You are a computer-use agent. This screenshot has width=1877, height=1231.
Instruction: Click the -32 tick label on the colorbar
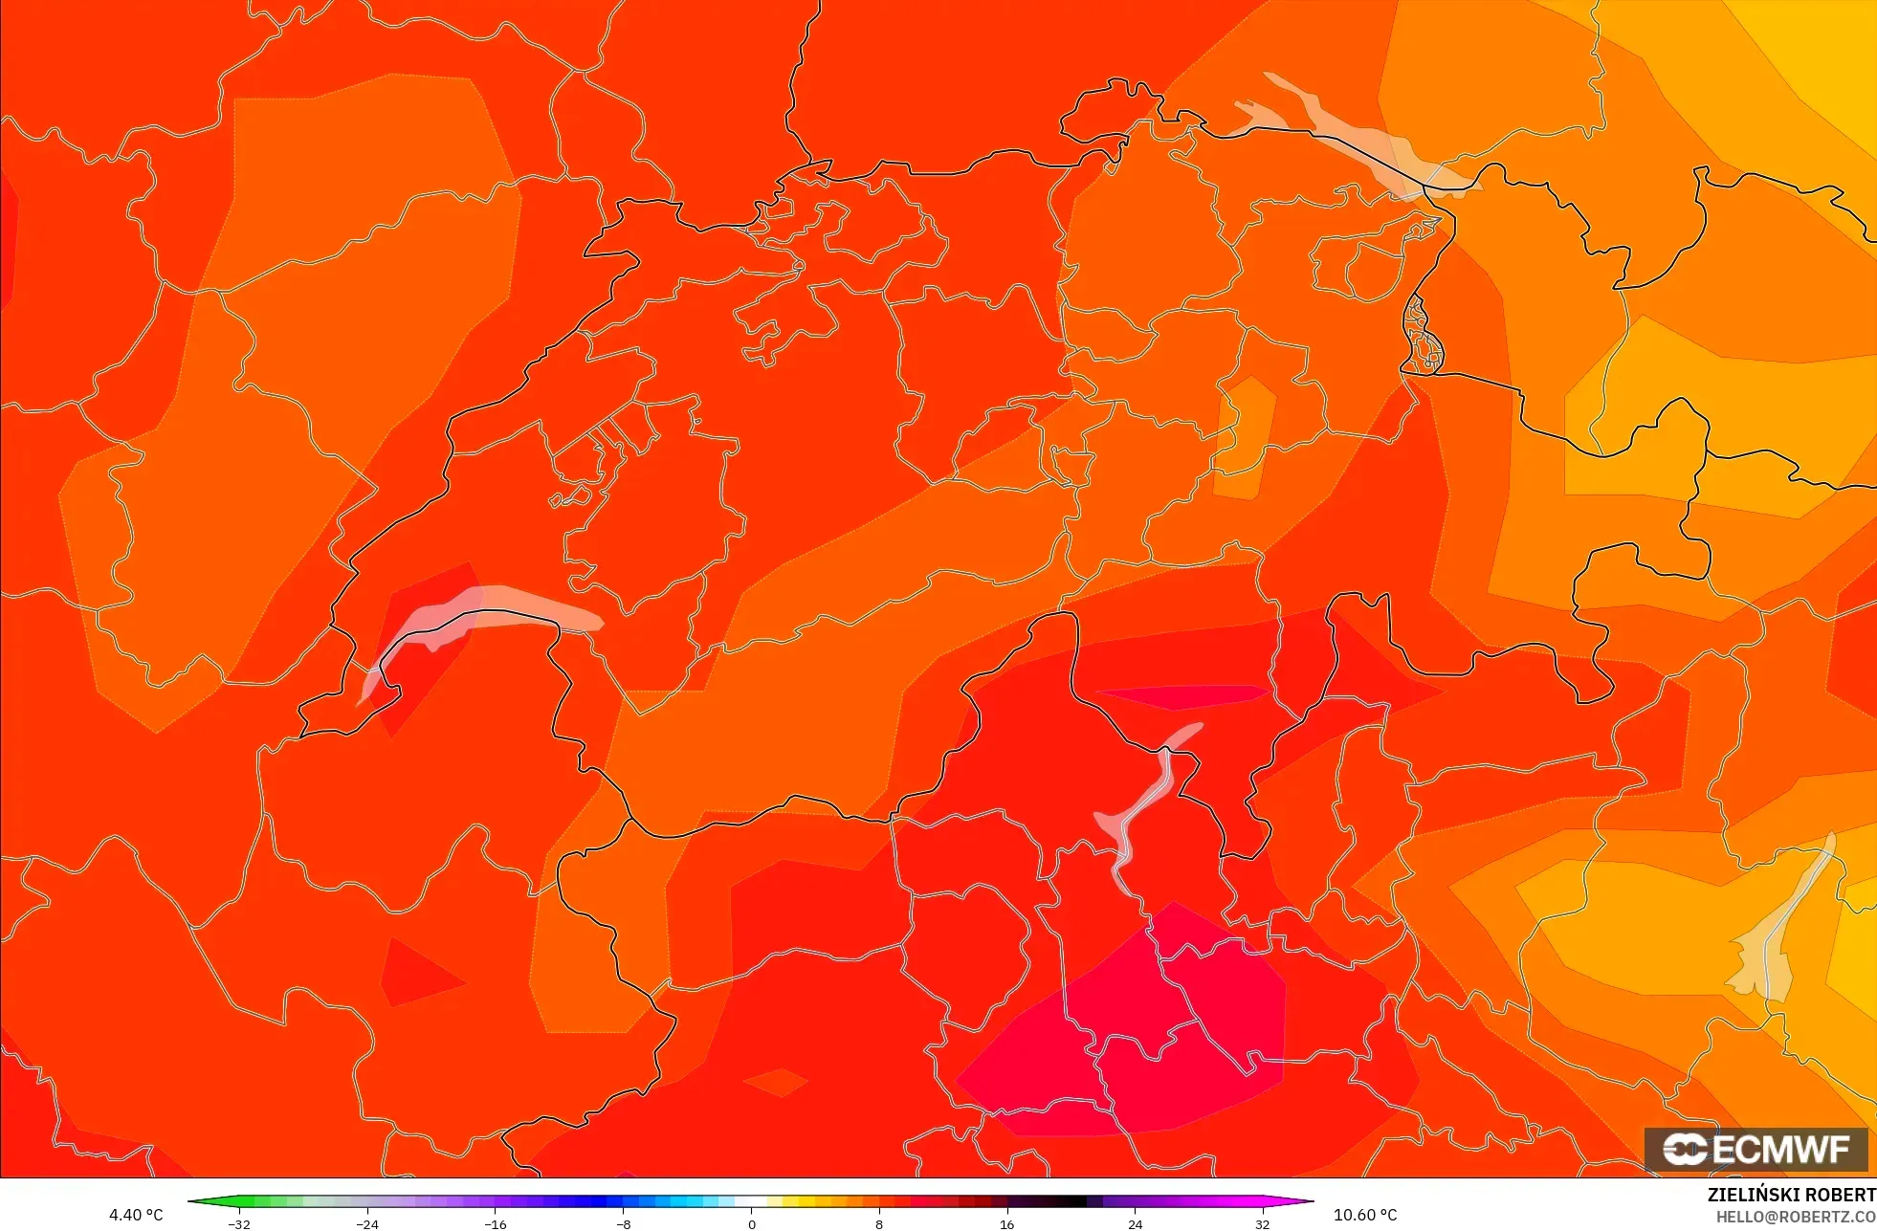(239, 1223)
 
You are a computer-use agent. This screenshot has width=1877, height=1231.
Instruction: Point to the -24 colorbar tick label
(367, 1223)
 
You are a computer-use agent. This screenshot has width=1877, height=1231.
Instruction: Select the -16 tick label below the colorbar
(496, 1223)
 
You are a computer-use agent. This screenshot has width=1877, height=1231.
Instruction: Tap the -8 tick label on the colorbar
(623, 1223)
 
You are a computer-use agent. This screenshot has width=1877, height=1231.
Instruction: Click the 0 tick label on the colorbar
(752, 1223)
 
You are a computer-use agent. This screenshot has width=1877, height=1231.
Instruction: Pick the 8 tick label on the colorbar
(879, 1223)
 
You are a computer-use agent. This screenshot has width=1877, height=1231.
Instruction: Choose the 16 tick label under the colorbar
(1006, 1223)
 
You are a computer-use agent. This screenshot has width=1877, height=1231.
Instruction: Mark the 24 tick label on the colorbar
(1135, 1223)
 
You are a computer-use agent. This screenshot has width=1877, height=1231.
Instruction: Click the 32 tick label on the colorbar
(1263, 1223)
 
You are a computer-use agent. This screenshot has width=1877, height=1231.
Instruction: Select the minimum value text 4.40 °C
(136, 1215)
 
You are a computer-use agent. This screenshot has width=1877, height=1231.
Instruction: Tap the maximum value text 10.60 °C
(1365, 1215)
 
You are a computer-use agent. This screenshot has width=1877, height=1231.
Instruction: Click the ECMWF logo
(1756, 1149)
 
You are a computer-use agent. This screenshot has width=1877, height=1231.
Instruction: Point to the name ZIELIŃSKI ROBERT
(1791, 1195)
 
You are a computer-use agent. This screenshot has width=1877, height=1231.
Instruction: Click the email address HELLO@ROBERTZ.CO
(1795, 1217)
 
